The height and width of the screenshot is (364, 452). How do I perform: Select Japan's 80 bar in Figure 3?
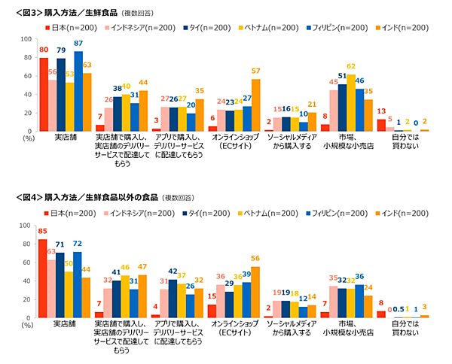[x=44, y=95]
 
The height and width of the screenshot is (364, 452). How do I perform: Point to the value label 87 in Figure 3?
[x=78, y=44]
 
